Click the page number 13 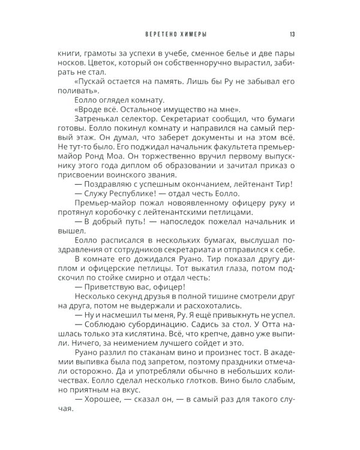coord(291,34)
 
